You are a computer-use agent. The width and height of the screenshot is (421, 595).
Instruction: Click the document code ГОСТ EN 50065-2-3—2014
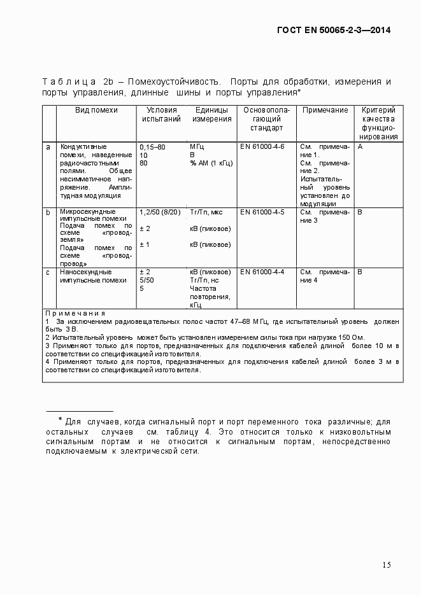click(x=334, y=30)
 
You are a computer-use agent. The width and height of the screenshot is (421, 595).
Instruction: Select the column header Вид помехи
click(x=96, y=110)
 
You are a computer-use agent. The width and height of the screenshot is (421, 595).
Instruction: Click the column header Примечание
click(x=325, y=110)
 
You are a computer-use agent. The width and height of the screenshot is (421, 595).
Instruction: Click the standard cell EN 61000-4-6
click(x=262, y=146)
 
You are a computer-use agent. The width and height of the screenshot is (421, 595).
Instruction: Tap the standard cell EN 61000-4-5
click(x=262, y=211)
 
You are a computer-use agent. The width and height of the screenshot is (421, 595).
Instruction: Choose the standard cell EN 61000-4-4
click(x=262, y=272)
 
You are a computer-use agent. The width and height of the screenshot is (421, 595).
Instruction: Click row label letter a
click(x=48, y=146)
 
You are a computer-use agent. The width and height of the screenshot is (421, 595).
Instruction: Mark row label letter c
click(x=48, y=272)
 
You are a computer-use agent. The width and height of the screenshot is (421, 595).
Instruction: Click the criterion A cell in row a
click(x=360, y=146)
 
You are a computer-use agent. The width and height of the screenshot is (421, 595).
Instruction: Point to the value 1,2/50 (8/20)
click(x=160, y=211)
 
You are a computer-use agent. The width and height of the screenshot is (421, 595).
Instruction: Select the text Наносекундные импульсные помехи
click(x=93, y=276)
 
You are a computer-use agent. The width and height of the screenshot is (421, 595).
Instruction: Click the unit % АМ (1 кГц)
click(x=211, y=163)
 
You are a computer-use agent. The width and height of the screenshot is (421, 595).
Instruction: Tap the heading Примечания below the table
click(x=75, y=313)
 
